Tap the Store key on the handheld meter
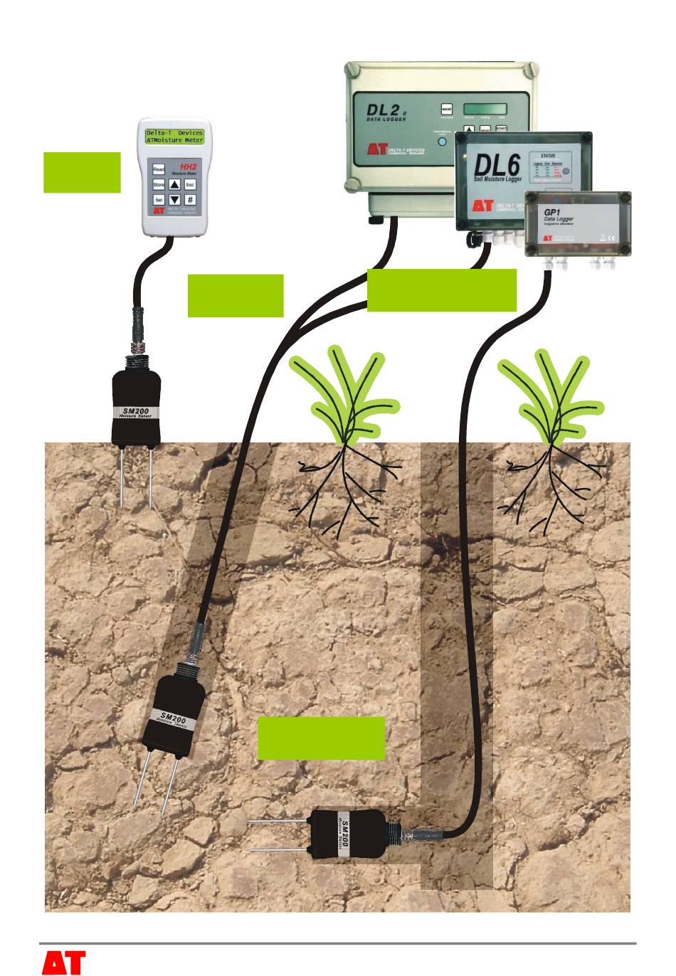click(x=159, y=185)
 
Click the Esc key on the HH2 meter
click(x=190, y=185)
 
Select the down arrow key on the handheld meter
click(x=174, y=200)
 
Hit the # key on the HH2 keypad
click(x=190, y=200)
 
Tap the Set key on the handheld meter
click(x=159, y=200)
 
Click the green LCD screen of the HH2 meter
click(x=174, y=137)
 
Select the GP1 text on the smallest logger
click(x=554, y=212)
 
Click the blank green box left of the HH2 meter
click(x=82, y=172)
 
